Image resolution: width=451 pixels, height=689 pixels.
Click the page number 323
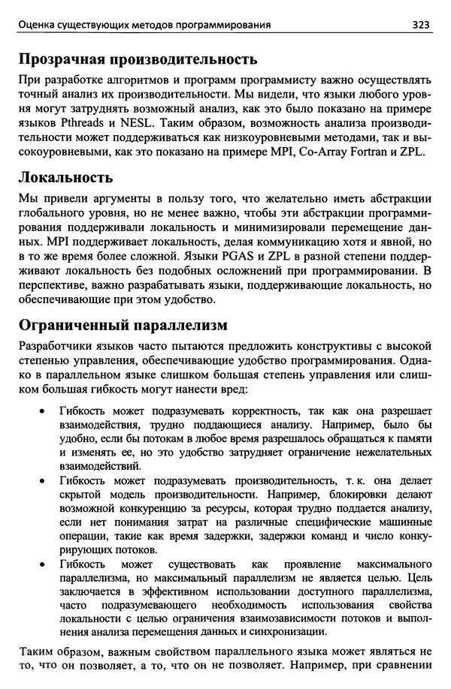click(420, 25)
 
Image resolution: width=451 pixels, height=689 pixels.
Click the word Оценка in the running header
click(38, 25)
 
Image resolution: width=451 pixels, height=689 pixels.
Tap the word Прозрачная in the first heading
click(66, 59)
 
